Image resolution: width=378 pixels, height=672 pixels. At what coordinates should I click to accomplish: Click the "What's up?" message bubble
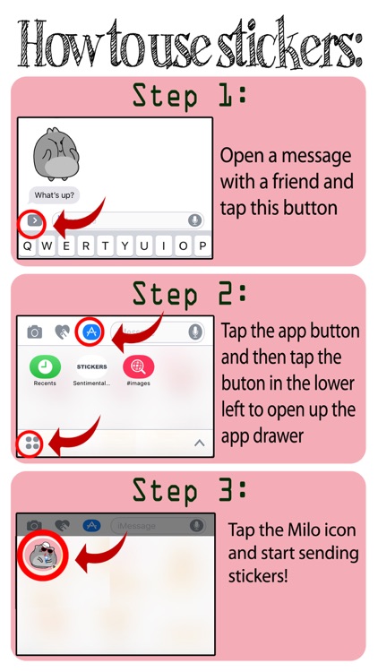[x=54, y=195]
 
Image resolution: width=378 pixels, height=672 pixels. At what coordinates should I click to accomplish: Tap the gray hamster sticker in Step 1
[x=56, y=154]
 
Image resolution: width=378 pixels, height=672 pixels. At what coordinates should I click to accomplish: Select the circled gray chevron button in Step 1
[x=34, y=220]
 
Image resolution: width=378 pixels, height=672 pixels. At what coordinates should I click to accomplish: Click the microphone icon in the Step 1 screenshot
[x=195, y=220]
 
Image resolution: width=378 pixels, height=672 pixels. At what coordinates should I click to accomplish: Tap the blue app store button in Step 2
[x=91, y=332]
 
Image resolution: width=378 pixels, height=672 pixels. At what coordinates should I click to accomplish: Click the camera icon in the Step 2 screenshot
[x=35, y=332]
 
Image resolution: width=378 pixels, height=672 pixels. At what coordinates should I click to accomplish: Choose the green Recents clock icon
[x=45, y=366]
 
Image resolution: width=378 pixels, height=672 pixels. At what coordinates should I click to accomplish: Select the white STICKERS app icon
[x=91, y=366]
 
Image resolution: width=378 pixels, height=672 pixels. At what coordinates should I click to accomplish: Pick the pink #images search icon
[x=139, y=366]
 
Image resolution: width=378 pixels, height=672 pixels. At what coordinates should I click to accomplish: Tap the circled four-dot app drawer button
[x=32, y=444]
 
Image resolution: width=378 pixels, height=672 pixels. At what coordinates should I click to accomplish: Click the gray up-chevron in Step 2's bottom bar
[x=199, y=444]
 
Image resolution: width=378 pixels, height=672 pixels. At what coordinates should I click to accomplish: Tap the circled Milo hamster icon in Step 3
[x=42, y=556]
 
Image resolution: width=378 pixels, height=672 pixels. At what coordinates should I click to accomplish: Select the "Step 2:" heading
[x=189, y=294]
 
